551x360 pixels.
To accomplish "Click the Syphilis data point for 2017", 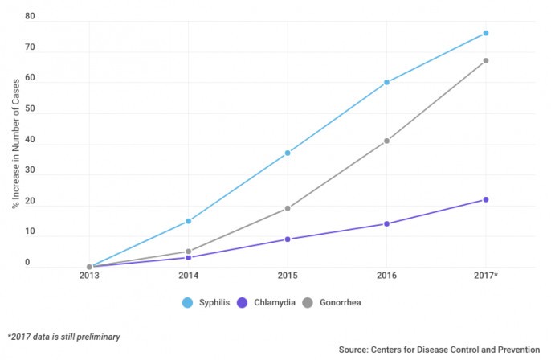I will (x=486, y=33).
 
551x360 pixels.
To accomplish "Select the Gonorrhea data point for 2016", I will (x=386, y=141).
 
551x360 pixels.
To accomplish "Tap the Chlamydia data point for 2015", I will (x=288, y=239).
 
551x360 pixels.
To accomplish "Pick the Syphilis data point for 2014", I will (x=188, y=221).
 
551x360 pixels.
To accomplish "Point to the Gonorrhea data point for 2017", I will (x=486, y=60).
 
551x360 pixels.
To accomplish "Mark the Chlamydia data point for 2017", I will (x=486, y=199).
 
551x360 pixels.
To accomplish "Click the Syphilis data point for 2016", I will (x=386, y=82).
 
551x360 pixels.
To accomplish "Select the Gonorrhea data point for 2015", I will (x=288, y=208).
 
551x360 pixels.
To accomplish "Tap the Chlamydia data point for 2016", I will (x=386, y=223).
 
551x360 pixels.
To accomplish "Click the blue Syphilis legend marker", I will (x=188, y=302).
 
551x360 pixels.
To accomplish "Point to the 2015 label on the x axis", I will (x=288, y=276).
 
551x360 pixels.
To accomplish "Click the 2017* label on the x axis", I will (x=486, y=276).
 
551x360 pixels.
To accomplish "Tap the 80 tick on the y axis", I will (x=30, y=16).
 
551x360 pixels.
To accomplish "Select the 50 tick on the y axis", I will (x=30, y=108).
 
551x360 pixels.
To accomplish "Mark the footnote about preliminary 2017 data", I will (x=63, y=337).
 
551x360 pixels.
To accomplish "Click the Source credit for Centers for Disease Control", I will (x=442, y=350).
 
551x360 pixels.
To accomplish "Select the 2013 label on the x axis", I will (x=89, y=276).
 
